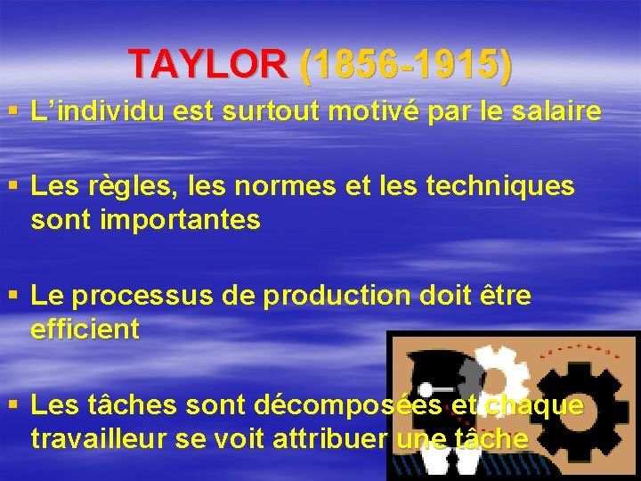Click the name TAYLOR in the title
coord(208,63)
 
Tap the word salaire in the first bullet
coord(556,113)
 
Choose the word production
coord(339,297)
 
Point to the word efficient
coord(85,330)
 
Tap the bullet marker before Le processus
coord(12,297)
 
